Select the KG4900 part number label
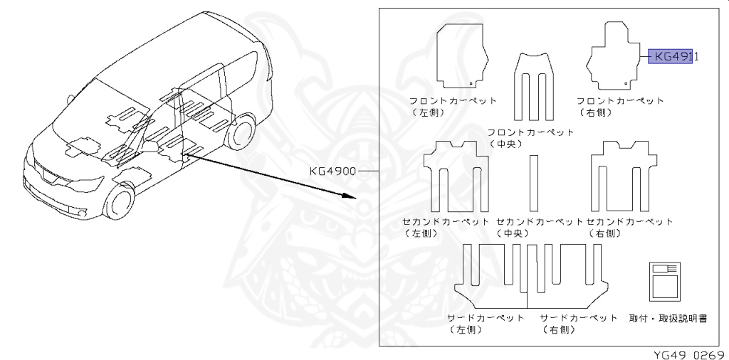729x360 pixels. coord(332,171)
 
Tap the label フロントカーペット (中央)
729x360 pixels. coord(531,138)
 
